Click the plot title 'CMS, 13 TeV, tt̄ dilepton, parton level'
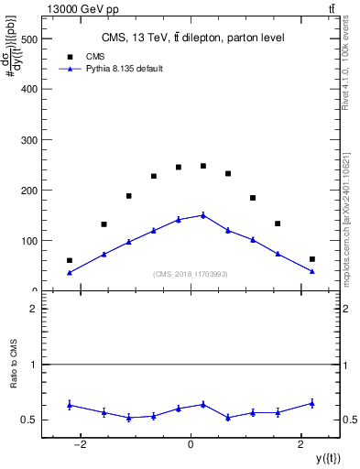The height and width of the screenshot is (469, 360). tap(192, 38)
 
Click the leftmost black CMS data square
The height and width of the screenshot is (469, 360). tap(70, 260)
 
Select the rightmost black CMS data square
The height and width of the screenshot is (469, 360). tap(312, 259)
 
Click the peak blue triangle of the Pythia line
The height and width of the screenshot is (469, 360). tap(203, 215)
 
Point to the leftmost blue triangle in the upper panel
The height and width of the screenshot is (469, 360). tap(70, 272)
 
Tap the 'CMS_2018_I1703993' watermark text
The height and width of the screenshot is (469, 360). tap(191, 274)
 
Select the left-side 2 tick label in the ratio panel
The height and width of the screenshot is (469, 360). tap(33, 309)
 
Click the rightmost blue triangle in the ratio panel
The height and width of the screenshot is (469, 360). tap(312, 403)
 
